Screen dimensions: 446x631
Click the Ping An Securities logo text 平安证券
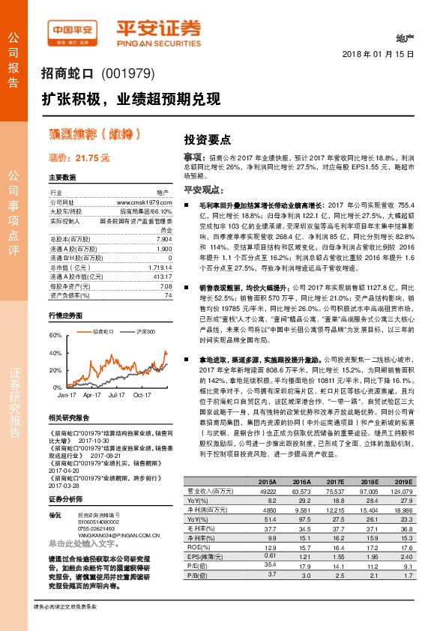(x=158, y=28)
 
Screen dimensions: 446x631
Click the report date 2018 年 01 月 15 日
(x=384, y=55)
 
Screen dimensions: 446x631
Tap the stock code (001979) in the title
(x=126, y=74)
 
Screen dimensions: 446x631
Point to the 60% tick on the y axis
(x=55, y=335)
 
